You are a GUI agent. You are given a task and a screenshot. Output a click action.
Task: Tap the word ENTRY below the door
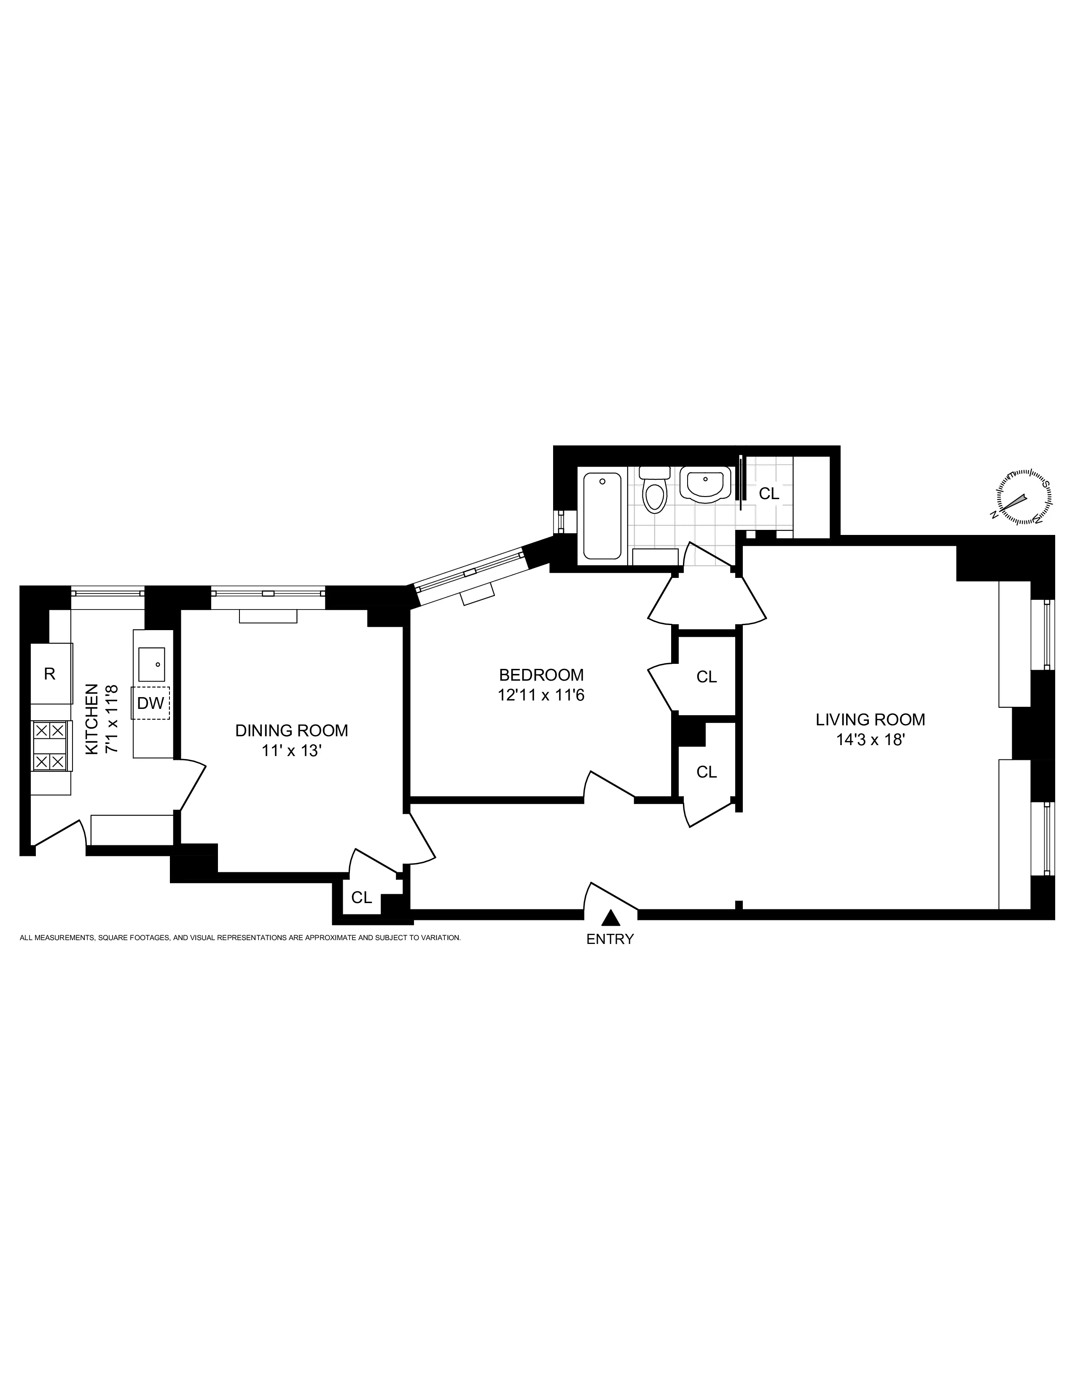pyautogui.click(x=610, y=939)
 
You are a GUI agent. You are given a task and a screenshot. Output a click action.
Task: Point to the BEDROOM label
pyautogui.click(x=541, y=675)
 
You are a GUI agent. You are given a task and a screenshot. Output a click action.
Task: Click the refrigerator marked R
pyautogui.click(x=50, y=674)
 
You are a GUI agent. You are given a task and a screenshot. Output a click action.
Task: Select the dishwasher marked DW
pyautogui.click(x=151, y=703)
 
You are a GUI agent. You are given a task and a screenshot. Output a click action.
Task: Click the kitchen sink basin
pyautogui.click(x=152, y=664)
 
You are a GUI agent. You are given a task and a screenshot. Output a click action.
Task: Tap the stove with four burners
pyautogui.click(x=50, y=745)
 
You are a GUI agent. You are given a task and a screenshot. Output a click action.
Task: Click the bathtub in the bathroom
pyautogui.click(x=602, y=516)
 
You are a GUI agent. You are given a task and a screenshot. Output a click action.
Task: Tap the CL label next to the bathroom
pyautogui.click(x=769, y=493)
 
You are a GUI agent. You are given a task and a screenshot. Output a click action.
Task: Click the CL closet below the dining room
pyautogui.click(x=361, y=897)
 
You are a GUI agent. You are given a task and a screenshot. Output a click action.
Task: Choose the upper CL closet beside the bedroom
pyautogui.click(x=706, y=676)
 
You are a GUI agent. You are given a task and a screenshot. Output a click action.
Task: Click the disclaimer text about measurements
pyautogui.click(x=240, y=938)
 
